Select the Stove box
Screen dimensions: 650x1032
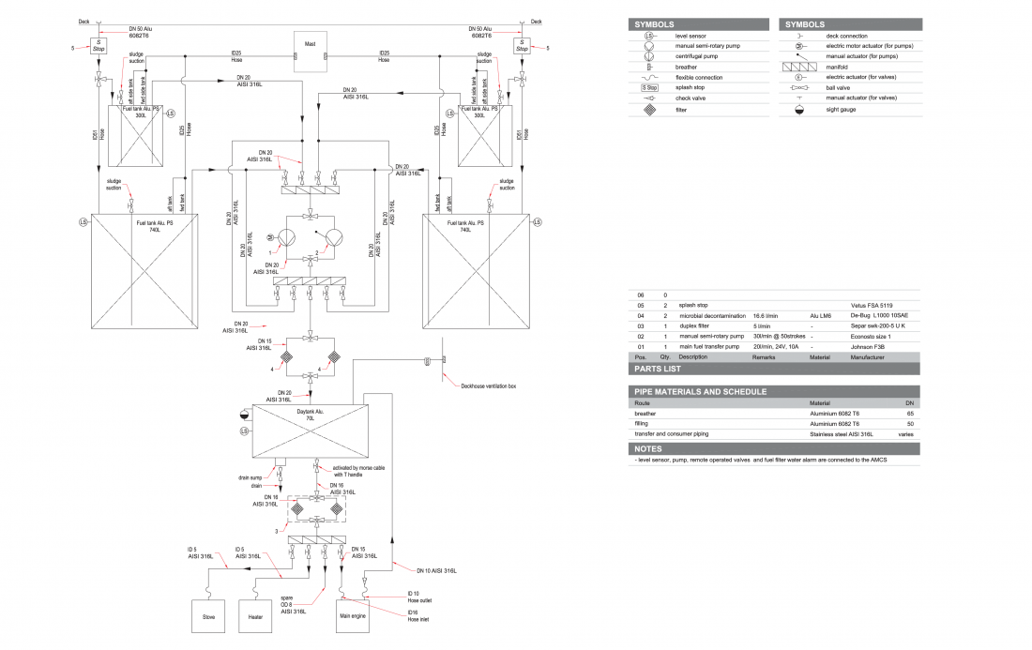coord(208,616)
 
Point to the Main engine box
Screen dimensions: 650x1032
coord(352,616)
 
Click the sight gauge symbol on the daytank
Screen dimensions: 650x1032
coord(244,413)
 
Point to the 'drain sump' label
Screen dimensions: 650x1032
coord(249,477)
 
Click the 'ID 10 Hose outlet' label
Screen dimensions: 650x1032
coord(419,597)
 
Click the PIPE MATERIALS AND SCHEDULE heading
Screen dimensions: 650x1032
coord(700,391)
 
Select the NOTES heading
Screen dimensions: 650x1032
coord(648,449)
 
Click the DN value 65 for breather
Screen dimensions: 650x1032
coord(909,413)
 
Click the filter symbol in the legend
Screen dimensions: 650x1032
coord(648,108)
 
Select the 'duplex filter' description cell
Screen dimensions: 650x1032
coord(697,325)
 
